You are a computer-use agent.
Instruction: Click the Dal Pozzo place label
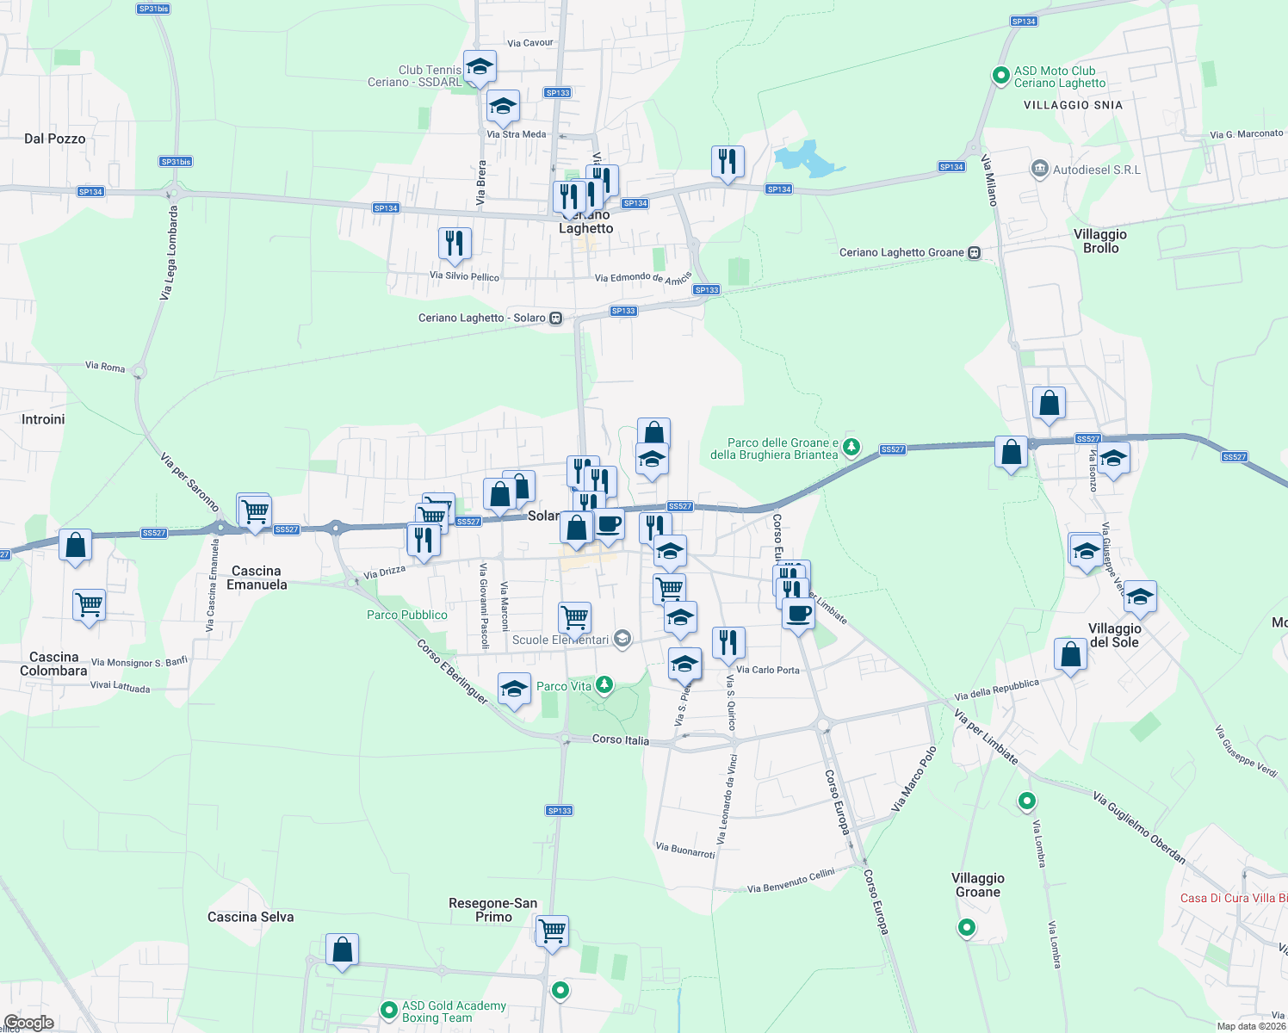point(55,139)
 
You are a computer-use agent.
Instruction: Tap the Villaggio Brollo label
point(1100,241)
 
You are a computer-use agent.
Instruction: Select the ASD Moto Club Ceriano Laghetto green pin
point(1000,76)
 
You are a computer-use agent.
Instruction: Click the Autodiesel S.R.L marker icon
point(1040,169)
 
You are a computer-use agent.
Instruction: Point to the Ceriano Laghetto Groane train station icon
point(974,252)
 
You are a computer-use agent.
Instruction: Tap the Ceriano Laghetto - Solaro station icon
point(556,318)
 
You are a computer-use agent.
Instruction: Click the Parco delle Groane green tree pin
point(851,446)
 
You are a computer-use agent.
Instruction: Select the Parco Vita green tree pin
point(604,684)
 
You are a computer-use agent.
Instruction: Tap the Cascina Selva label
point(251,917)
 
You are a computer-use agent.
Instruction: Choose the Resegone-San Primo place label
point(493,910)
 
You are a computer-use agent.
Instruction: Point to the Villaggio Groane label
point(978,885)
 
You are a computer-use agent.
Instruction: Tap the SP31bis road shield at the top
point(153,9)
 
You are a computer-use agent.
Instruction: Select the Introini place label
point(43,419)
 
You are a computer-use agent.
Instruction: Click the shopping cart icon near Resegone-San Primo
point(552,931)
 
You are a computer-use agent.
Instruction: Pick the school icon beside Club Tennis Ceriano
point(480,66)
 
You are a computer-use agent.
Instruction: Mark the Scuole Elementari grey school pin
point(623,639)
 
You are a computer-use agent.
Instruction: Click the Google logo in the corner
point(29,1023)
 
